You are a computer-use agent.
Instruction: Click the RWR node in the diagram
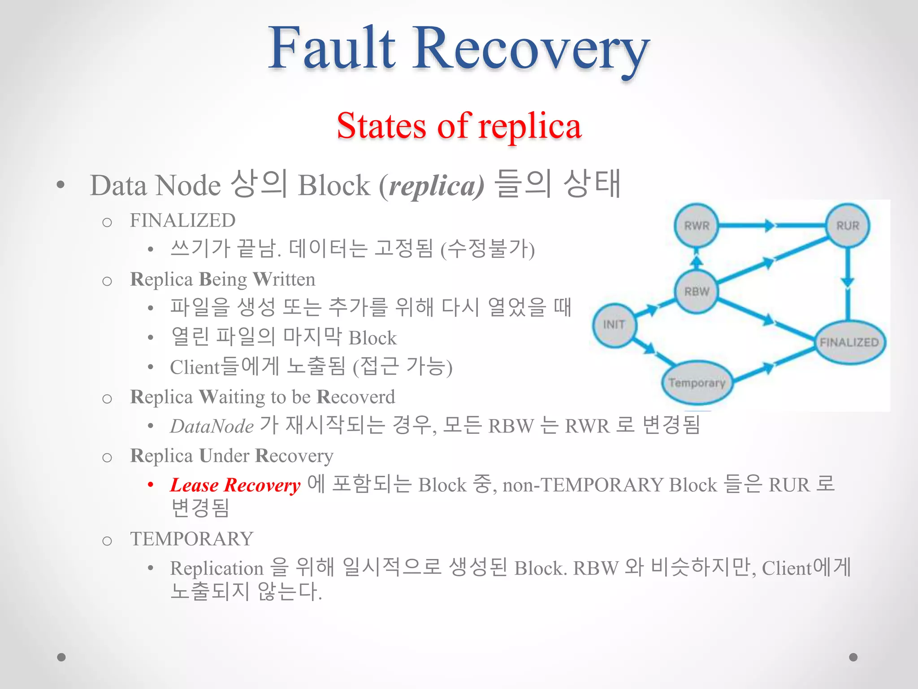[x=696, y=226]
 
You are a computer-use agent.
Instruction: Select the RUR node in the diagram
[x=847, y=226]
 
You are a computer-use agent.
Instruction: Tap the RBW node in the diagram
[x=697, y=292]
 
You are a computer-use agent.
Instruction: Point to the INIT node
[x=614, y=325]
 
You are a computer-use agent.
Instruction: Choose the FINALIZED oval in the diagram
[x=849, y=342]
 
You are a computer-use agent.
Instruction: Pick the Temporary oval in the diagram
[x=697, y=383]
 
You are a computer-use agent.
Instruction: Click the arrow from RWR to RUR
[x=771, y=225]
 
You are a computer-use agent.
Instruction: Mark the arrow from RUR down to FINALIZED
[x=847, y=283]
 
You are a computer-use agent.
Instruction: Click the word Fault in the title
[x=332, y=48]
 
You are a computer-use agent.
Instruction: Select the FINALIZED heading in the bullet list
[x=182, y=220]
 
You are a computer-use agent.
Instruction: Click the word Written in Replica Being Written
[x=284, y=279]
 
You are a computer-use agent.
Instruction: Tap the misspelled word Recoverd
[x=356, y=397]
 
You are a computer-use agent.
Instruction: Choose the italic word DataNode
[x=212, y=426]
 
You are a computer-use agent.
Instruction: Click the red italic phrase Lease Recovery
[x=235, y=485]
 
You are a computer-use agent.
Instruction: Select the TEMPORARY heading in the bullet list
[x=192, y=539]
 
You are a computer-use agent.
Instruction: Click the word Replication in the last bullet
[x=217, y=568]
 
